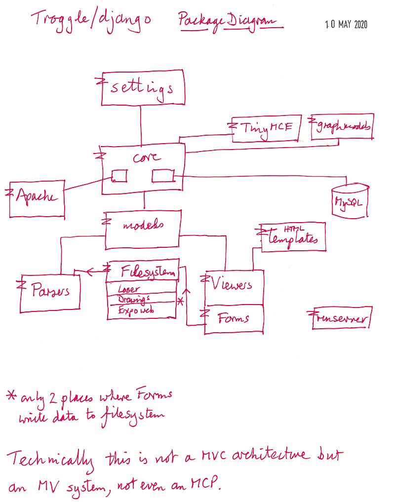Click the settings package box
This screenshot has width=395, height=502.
(143, 87)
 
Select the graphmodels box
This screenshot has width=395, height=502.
(342, 127)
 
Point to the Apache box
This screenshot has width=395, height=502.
(37, 198)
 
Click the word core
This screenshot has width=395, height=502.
(146, 157)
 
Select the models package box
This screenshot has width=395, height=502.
(143, 229)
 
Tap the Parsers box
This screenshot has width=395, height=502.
(49, 291)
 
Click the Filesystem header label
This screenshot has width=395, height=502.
(147, 271)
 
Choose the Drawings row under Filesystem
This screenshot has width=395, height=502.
(134, 300)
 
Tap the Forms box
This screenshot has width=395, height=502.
(234, 319)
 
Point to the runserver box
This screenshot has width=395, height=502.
(341, 318)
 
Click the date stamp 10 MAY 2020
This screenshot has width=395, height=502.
(346, 24)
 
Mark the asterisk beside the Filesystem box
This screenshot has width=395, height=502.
(181, 301)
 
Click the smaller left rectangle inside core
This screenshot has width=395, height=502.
(119, 175)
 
